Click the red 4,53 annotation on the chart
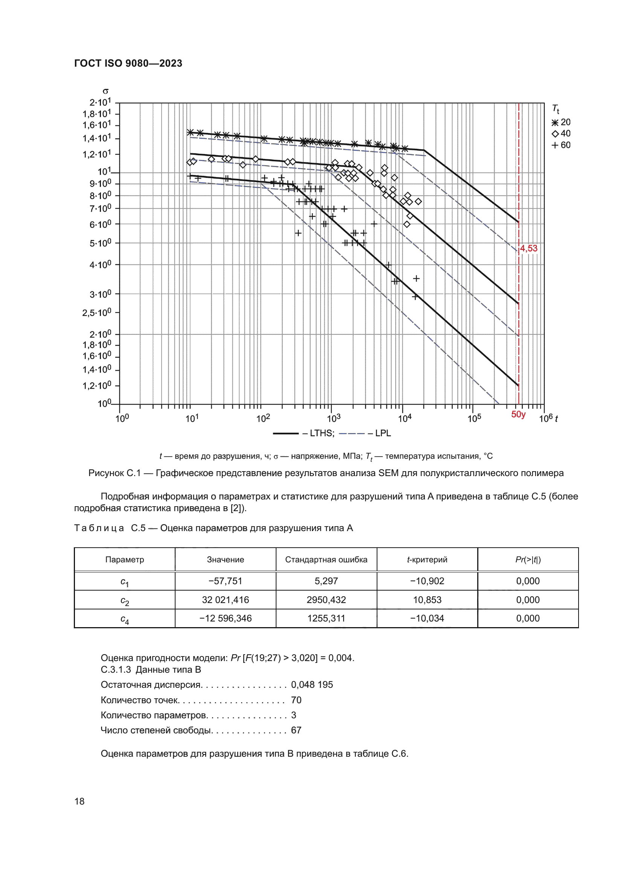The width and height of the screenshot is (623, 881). [528, 248]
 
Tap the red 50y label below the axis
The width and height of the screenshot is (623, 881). [518, 414]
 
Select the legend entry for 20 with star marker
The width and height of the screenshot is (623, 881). [561, 122]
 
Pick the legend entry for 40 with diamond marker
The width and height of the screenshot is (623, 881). [561, 134]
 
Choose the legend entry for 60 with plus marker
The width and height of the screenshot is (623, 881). [561, 145]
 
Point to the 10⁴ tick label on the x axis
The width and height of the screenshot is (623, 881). [405, 418]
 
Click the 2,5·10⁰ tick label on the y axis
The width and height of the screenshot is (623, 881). [97, 312]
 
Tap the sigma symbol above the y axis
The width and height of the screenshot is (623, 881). [105, 91]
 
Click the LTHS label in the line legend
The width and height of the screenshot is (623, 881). [322, 433]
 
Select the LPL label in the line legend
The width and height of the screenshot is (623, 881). [383, 433]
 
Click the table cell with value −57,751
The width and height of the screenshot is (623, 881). [225, 581]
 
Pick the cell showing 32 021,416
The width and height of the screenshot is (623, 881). [225, 600]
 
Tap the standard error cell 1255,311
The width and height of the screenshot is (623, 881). [326, 618]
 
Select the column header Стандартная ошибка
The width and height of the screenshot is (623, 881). [326, 559]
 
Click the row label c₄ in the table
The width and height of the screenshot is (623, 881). [125, 619]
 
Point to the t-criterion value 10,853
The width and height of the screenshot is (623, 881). [427, 600]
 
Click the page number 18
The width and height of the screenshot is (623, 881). [79, 801]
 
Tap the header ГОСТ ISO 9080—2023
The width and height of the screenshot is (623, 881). [128, 63]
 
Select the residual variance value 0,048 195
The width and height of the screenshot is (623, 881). [312, 684]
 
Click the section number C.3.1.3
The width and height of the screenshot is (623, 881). [116, 670]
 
